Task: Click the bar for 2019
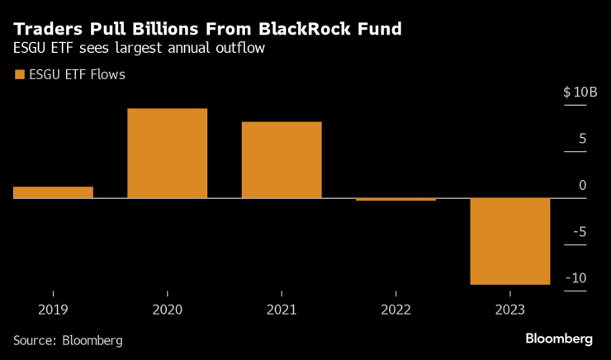53,192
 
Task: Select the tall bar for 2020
167,154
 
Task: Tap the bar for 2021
282,160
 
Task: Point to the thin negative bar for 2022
395,199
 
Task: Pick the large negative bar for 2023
509,241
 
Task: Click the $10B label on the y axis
580,92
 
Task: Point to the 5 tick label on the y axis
582,138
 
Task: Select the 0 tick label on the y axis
582,185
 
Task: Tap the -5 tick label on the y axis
580,231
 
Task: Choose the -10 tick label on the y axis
576,277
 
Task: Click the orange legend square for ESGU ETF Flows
20,75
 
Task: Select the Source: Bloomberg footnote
68,340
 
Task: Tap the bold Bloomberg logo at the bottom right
559,339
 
